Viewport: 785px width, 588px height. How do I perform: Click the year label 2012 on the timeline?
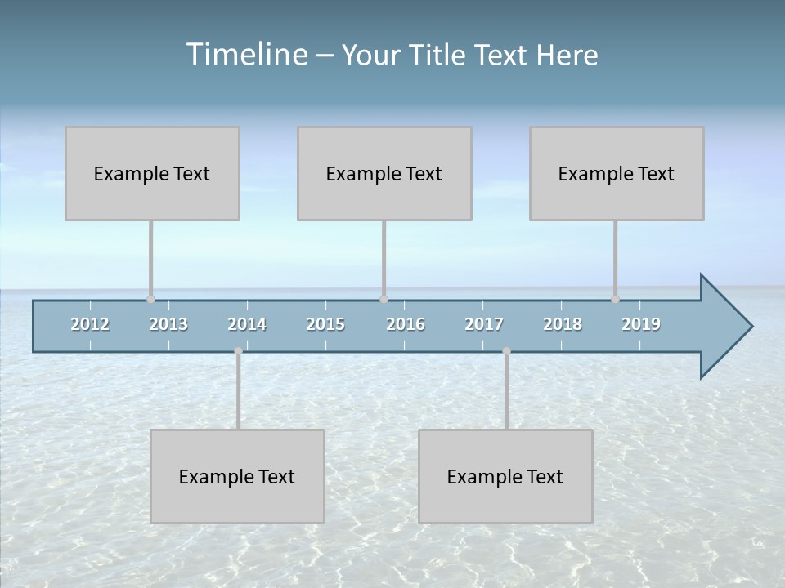(90, 324)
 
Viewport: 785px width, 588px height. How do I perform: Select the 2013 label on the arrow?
(168, 324)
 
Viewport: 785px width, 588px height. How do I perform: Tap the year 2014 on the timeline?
(247, 324)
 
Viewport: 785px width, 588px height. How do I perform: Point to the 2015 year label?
(325, 324)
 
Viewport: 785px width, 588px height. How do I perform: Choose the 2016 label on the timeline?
(406, 324)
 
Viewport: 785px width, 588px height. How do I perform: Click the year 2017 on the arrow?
(484, 324)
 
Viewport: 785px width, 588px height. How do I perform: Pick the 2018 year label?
(563, 324)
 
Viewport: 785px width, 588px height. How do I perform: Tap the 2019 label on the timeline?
(641, 324)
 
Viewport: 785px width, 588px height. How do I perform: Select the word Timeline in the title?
(245, 55)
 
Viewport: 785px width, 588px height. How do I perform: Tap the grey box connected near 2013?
(152, 173)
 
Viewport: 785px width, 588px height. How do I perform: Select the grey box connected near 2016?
(384, 173)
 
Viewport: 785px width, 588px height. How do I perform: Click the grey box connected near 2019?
(617, 173)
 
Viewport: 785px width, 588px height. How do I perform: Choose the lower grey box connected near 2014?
(237, 476)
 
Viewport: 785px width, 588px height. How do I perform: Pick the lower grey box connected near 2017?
(505, 476)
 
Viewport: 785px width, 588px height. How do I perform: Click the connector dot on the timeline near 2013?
(151, 299)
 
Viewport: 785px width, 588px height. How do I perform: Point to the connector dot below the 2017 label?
(506, 351)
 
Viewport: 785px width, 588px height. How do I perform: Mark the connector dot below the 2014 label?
(238, 351)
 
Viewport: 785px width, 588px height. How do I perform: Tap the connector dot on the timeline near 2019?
(616, 299)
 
